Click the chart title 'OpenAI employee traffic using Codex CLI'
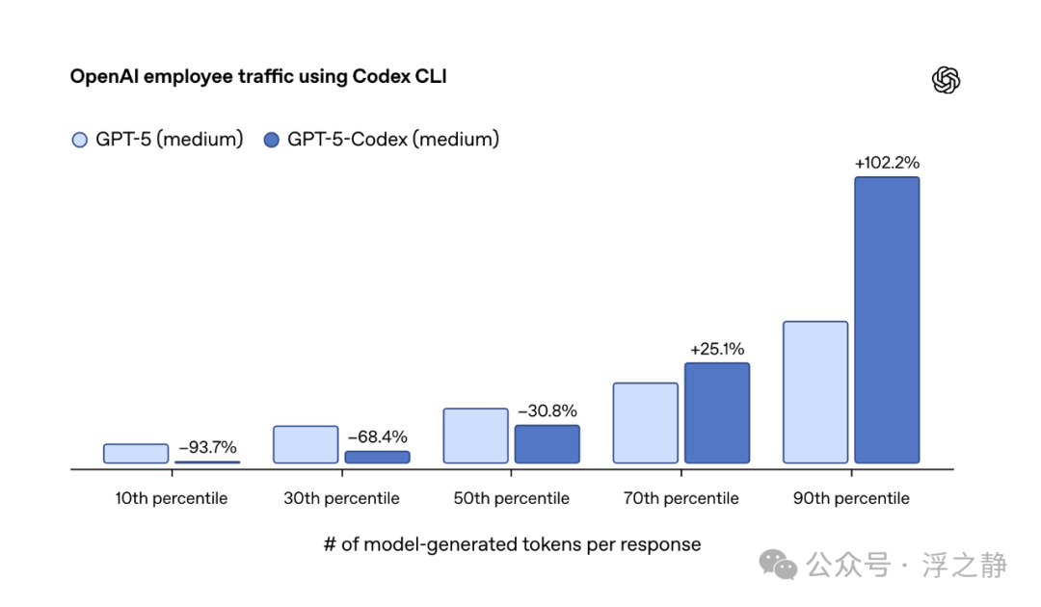258,76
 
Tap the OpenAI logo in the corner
946,80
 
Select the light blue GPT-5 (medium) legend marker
80,140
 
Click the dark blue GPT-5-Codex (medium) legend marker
272,140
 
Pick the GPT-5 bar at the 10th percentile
136,453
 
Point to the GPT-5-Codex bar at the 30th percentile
377,457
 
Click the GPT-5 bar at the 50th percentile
475,435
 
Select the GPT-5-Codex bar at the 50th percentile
547,444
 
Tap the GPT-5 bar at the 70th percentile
645,423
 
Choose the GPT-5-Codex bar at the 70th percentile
717,412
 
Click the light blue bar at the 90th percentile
815,392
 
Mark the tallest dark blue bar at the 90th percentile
887,320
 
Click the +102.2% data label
887,163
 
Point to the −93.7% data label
207,447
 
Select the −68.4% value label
377,436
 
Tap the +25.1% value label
717,349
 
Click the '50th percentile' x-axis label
511,498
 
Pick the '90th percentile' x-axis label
851,498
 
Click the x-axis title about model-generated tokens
512,544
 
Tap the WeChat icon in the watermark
778,565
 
